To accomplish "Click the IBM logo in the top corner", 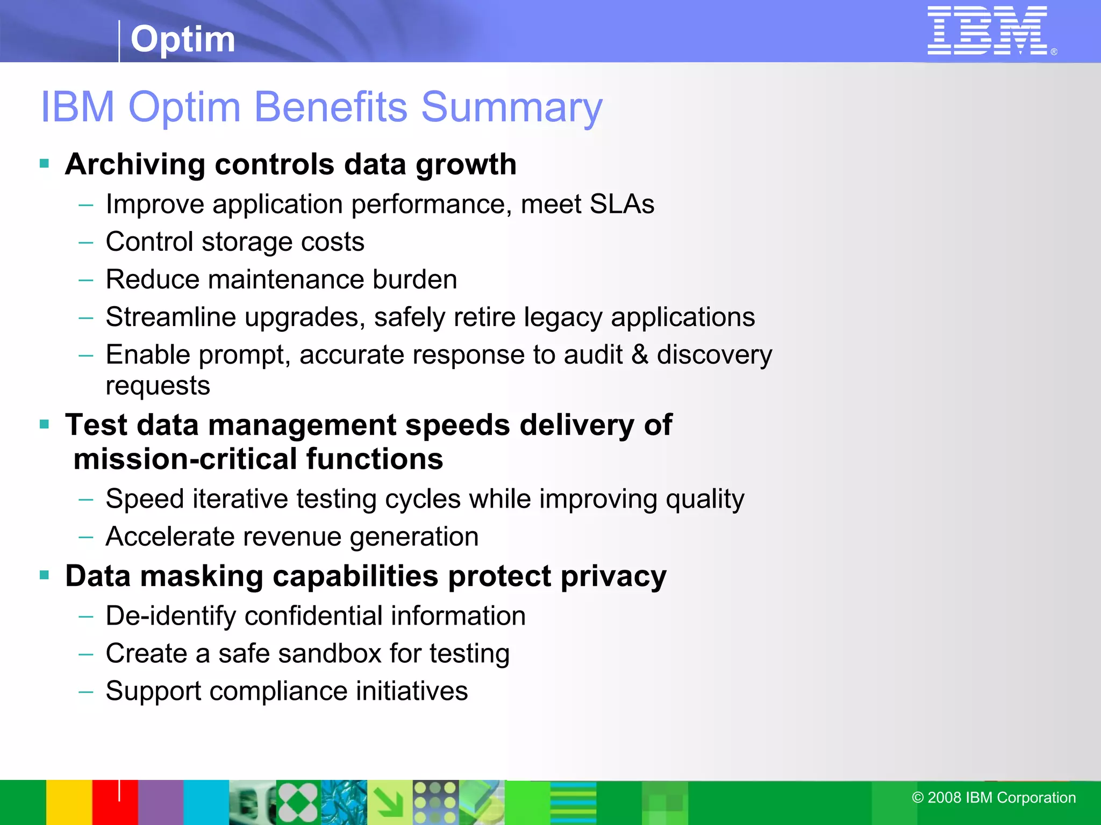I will point(987,31).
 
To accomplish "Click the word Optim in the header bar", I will point(183,39).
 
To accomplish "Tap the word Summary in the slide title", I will point(511,107).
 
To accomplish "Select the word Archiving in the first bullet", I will point(135,164).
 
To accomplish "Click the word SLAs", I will point(621,205).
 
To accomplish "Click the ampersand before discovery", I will point(639,354).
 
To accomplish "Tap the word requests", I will point(158,386).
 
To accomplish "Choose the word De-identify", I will point(170,616).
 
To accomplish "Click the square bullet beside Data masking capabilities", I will point(45,576).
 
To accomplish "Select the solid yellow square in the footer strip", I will point(69,802).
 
